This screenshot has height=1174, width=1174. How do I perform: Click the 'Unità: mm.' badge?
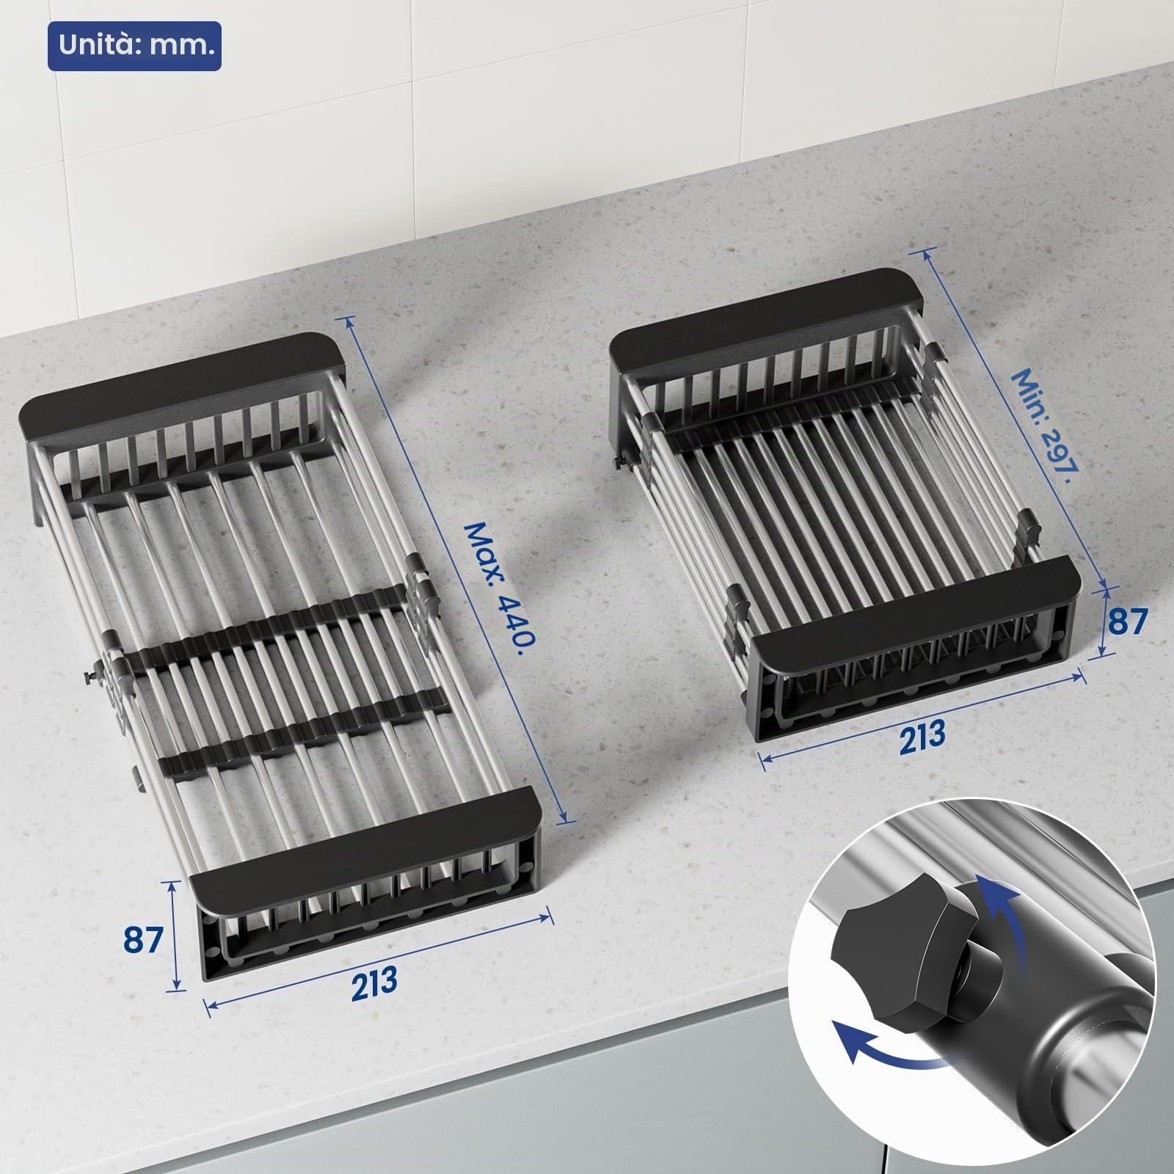point(134,47)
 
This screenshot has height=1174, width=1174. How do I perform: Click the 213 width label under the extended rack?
point(374,981)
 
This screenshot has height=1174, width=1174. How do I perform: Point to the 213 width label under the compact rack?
point(922,734)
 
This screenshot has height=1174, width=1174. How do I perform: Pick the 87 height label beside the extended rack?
point(142,940)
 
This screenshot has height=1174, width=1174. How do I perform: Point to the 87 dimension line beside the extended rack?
point(175,935)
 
